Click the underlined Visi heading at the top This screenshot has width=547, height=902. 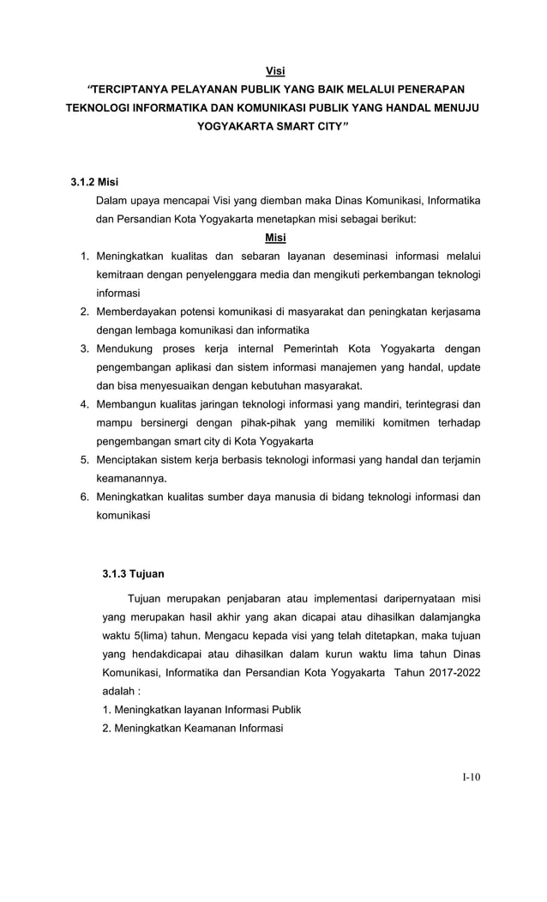(273, 70)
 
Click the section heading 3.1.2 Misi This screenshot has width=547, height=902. (93, 182)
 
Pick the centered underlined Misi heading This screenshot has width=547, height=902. (275, 238)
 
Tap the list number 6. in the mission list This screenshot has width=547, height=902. (85, 497)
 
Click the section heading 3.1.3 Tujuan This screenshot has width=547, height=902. (133, 573)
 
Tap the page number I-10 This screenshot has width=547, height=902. (471, 778)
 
